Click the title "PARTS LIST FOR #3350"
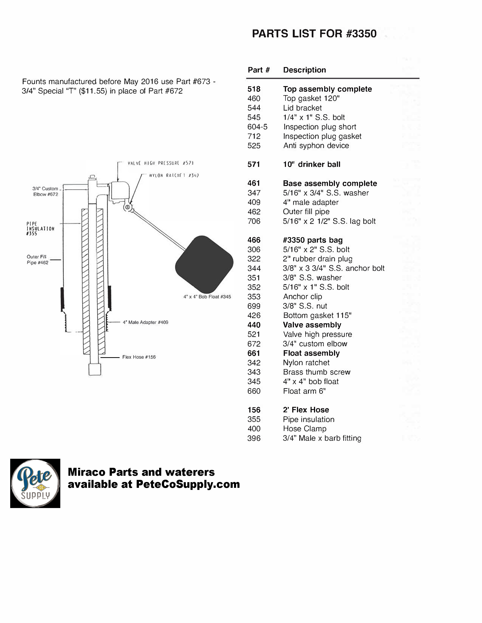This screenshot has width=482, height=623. [314, 34]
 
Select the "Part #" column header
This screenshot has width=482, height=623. [258, 70]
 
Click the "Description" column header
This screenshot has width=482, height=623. [304, 70]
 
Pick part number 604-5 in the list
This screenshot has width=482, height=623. [257, 127]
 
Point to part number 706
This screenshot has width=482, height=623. [254, 221]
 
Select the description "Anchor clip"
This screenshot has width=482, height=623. [302, 296]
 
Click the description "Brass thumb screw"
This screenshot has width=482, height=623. [316, 372]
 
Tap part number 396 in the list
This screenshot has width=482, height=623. [254, 438]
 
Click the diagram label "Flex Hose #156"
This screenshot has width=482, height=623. [139, 357]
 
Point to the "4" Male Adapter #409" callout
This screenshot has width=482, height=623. [145, 322]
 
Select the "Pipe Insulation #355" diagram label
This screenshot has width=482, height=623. [40, 228]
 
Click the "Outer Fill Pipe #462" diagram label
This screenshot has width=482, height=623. [37, 260]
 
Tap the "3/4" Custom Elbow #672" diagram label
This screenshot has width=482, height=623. [45, 191]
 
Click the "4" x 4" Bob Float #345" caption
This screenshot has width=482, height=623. [207, 297]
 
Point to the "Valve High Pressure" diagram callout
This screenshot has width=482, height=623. [160, 163]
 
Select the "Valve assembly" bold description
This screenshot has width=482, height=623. [312, 325]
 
